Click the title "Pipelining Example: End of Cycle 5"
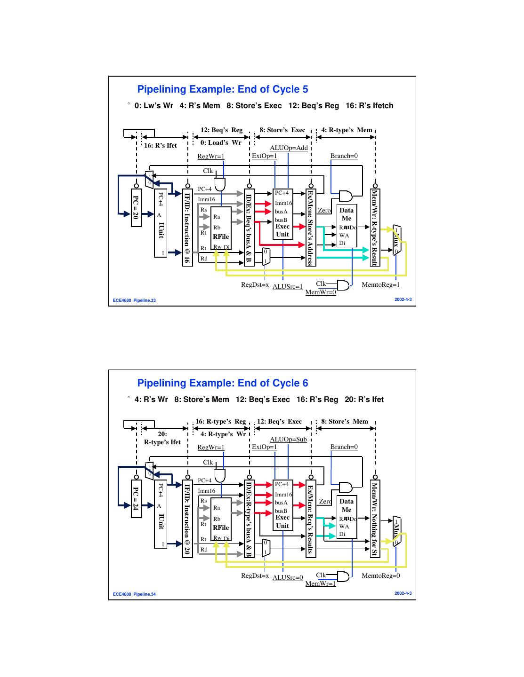222,89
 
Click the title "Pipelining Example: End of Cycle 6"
222,383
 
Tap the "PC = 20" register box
136,208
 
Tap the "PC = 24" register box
136,499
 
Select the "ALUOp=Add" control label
289,148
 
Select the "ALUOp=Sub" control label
288,440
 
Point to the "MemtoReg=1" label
380,285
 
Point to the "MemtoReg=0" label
380,576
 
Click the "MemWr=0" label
321,292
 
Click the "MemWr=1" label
321,584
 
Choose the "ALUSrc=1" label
287,286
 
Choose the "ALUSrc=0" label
287,577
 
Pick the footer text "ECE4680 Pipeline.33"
134,300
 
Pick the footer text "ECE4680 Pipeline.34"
134,594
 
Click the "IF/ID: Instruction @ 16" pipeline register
187,228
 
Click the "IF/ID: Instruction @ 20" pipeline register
187,519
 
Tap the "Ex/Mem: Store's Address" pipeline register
310,228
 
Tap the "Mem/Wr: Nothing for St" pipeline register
375,519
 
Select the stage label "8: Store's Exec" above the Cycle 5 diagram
282,130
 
